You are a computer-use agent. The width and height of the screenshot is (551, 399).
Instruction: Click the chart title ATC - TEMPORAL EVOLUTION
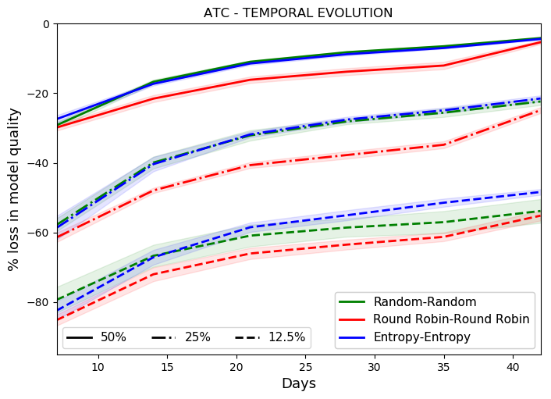298,13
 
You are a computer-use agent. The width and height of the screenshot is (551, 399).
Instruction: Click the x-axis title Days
298,384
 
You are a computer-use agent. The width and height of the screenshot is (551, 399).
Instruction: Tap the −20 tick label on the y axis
39,94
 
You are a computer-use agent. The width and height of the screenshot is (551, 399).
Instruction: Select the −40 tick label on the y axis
39,163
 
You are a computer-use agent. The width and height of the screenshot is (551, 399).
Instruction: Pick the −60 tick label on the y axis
39,233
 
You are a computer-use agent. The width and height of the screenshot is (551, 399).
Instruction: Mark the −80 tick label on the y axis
39,302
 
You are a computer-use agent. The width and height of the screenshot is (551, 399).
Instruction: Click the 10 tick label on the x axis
98,367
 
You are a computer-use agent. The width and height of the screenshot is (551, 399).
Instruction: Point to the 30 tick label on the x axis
375,367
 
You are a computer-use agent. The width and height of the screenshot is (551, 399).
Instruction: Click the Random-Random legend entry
414,302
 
